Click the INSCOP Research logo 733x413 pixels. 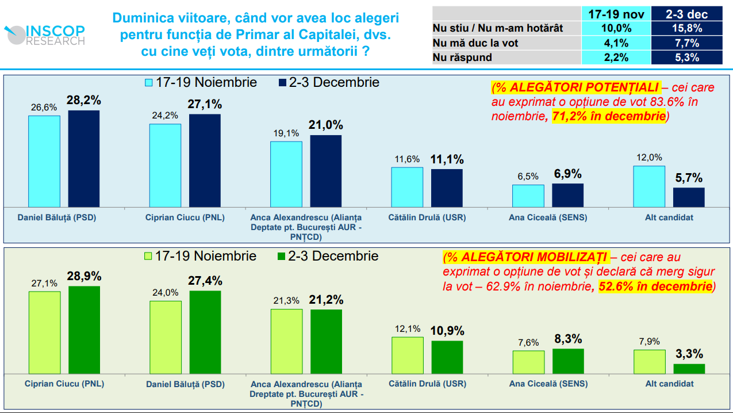point(44,35)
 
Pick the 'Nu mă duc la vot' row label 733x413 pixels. point(475,43)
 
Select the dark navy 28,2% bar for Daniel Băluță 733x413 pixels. point(84,159)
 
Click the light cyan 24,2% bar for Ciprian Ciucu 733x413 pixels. point(165,165)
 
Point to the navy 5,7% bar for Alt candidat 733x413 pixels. point(689,197)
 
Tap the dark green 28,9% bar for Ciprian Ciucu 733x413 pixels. point(84,330)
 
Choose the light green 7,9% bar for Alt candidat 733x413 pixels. point(649,361)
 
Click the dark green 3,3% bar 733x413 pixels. point(689,368)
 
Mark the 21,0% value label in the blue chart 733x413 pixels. point(326,125)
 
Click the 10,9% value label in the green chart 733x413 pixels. point(447,331)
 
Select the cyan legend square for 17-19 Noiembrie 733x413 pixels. point(148,83)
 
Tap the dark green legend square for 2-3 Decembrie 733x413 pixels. point(281,257)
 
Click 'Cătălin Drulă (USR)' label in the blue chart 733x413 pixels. point(427,218)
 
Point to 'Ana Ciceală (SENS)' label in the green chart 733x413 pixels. point(540,384)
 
